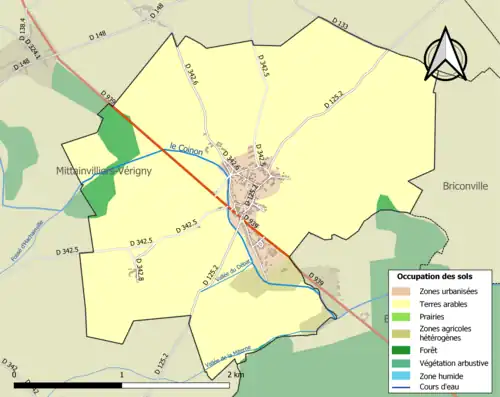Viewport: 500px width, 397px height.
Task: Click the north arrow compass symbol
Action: (445, 55)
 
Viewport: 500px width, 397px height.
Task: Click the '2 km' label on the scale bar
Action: (236, 374)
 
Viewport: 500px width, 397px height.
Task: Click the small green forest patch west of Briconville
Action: (385, 205)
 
